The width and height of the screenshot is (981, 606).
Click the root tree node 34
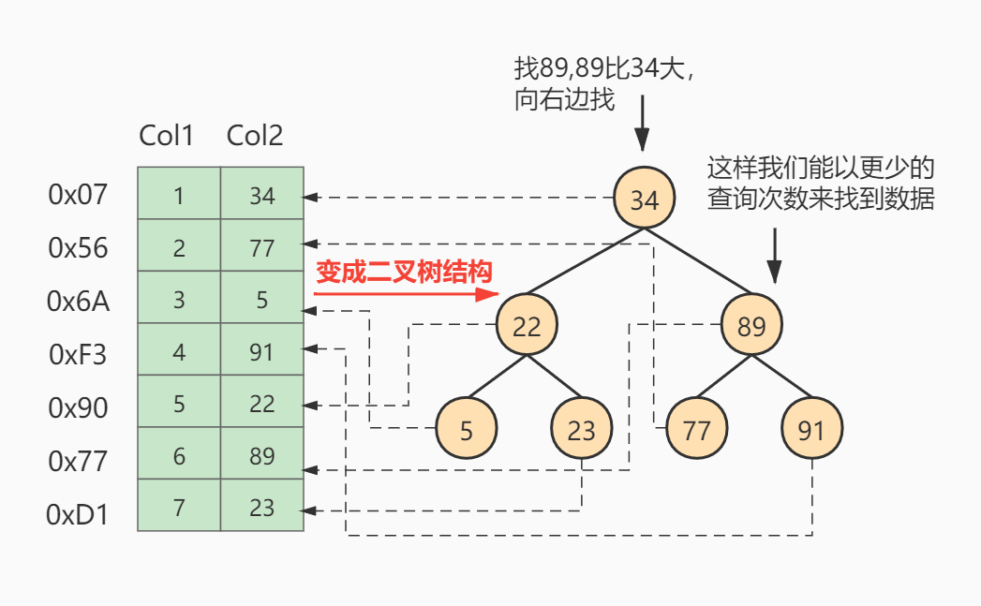[645, 199]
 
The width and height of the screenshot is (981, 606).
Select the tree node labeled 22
[527, 326]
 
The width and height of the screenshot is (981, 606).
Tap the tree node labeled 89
[751, 326]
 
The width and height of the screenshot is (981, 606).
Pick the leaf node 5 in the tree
[467, 429]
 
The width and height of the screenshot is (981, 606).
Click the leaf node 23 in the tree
[581, 429]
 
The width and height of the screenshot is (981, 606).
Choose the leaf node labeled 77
[696, 429]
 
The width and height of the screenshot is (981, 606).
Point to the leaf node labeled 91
[811, 429]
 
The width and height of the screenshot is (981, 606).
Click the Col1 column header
[167, 136]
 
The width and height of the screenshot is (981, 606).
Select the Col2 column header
[255, 136]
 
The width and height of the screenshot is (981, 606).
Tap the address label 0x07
[78, 195]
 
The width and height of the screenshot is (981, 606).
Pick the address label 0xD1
[78, 514]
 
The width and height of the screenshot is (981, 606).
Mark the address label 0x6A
[78, 301]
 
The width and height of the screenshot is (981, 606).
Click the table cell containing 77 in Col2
[262, 247]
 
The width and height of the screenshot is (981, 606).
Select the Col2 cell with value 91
[262, 352]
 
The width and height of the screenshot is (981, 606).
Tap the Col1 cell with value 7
[179, 507]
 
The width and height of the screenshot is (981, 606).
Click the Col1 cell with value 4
[179, 352]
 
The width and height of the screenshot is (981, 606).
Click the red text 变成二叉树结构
[404, 272]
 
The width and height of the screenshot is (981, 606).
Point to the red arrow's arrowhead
[487, 294]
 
